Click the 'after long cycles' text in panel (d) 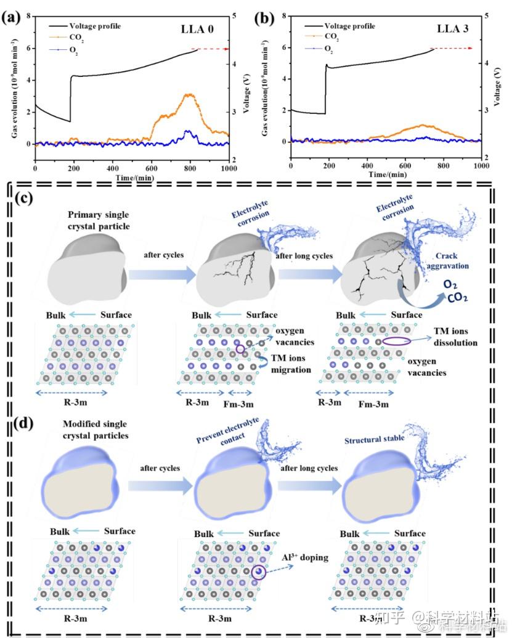pyautogui.click(x=309, y=468)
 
